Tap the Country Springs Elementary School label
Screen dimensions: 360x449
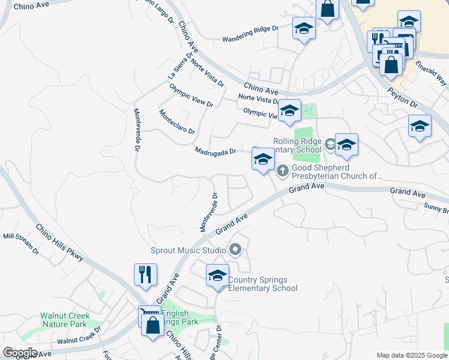263,284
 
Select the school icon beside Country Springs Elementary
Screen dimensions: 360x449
217,276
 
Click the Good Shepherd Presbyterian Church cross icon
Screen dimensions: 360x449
283,172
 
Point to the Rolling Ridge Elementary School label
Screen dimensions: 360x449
298,145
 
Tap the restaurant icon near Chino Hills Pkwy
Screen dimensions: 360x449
145,275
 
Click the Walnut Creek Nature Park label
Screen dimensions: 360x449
65,320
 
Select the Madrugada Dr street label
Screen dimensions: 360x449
215,151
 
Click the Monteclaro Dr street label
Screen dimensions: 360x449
177,122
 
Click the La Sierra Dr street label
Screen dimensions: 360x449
180,65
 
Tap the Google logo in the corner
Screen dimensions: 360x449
20,353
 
